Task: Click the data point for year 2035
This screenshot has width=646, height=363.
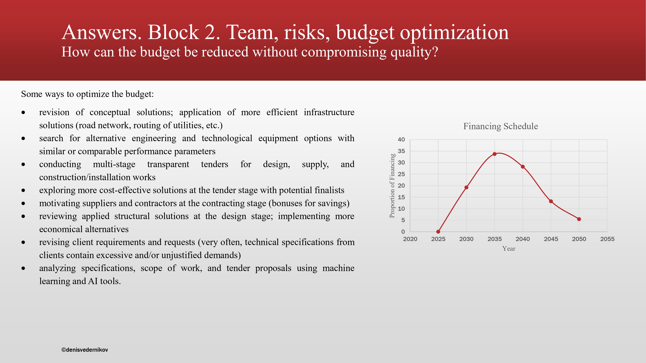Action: pos(495,154)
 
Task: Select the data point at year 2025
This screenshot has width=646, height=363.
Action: pos(438,232)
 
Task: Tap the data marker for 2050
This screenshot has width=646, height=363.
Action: pos(579,219)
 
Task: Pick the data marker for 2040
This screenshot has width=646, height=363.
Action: pos(523,167)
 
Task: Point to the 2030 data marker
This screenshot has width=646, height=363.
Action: pos(466,187)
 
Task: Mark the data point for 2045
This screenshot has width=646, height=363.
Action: pos(551,201)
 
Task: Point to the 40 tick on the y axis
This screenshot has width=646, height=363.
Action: pos(401,140)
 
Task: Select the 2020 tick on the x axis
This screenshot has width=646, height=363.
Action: pos(410,239)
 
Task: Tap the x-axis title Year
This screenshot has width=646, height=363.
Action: pos(509,248)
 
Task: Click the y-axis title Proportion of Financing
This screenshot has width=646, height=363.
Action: pos(392,186)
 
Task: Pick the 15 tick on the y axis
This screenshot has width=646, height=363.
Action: pos(401,197)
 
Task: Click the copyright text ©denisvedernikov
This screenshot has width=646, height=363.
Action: pos(85,350)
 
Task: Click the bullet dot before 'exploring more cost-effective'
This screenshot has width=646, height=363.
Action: pos(23,190)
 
